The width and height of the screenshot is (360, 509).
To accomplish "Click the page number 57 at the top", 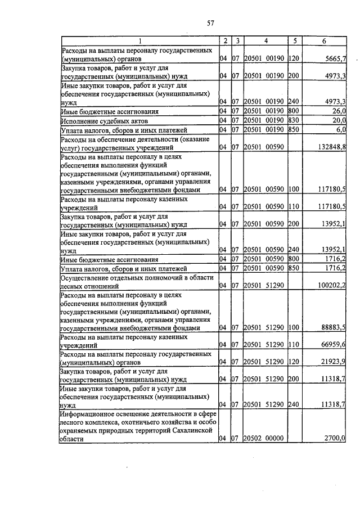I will pos(210,22).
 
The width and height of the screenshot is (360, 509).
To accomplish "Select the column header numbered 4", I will pos(265,41).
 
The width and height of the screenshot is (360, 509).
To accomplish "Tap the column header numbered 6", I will pos(324,41).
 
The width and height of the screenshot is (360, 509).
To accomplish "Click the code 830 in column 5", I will pos(293,121).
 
